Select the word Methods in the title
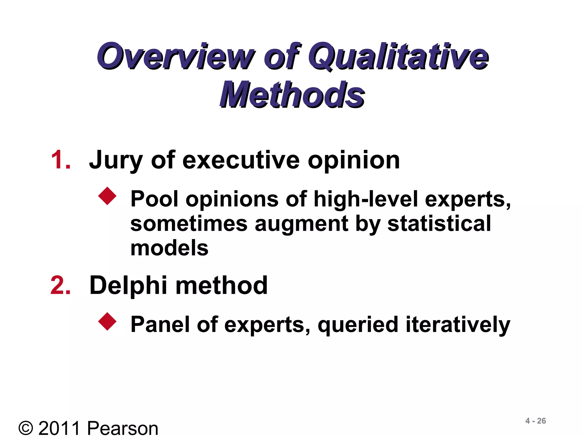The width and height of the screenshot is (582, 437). coord(292,94)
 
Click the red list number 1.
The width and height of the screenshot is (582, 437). coord(61,160)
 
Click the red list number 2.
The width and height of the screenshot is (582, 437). coord(61,285)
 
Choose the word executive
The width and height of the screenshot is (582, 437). coord(241,160)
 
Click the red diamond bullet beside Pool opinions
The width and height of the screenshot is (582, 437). coord(107,196)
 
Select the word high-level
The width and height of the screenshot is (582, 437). coord(366,199)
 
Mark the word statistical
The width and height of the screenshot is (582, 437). coord(439,223)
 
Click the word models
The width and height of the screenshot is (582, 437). coord(169,248)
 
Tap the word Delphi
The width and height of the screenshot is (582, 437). coord(128,286)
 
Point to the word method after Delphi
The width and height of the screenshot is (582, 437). coord(222,285)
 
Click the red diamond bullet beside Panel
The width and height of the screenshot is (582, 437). coord(107,321)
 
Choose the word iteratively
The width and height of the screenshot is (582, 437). coord(458,324)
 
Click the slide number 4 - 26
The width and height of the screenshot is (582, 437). coord(535,421)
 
